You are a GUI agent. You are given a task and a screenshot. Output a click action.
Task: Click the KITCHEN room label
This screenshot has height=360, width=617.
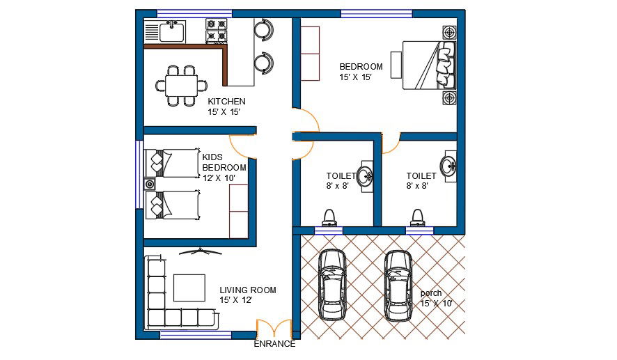click(x=226, y=102)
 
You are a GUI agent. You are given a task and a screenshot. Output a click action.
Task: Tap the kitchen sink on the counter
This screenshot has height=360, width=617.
click(x=171, y=31)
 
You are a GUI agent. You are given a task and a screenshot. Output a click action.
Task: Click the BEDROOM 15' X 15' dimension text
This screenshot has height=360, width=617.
click(x=357, y=77)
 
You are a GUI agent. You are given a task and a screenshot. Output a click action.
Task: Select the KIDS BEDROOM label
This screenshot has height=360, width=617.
click(x=224, y=162)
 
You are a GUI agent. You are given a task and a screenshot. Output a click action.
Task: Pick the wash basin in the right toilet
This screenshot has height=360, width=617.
click(x=448, y=166)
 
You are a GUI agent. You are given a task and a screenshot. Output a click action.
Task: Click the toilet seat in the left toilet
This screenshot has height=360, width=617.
click(x=329, y=217)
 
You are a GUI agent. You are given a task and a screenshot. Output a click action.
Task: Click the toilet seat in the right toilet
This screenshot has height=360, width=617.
click(x=417, y=217)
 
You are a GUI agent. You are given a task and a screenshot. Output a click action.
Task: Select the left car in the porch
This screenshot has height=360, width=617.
click(x=331, y=283)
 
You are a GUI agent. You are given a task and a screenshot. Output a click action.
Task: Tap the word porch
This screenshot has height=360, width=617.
click(x=431, y=293)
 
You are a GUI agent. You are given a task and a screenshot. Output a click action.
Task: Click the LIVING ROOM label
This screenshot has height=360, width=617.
click(x=248, y=290)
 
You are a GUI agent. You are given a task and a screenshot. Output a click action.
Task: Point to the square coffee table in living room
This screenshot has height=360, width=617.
click(x=189, y=288)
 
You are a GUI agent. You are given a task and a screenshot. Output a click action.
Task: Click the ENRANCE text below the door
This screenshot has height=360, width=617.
click(x=274, y=344)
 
